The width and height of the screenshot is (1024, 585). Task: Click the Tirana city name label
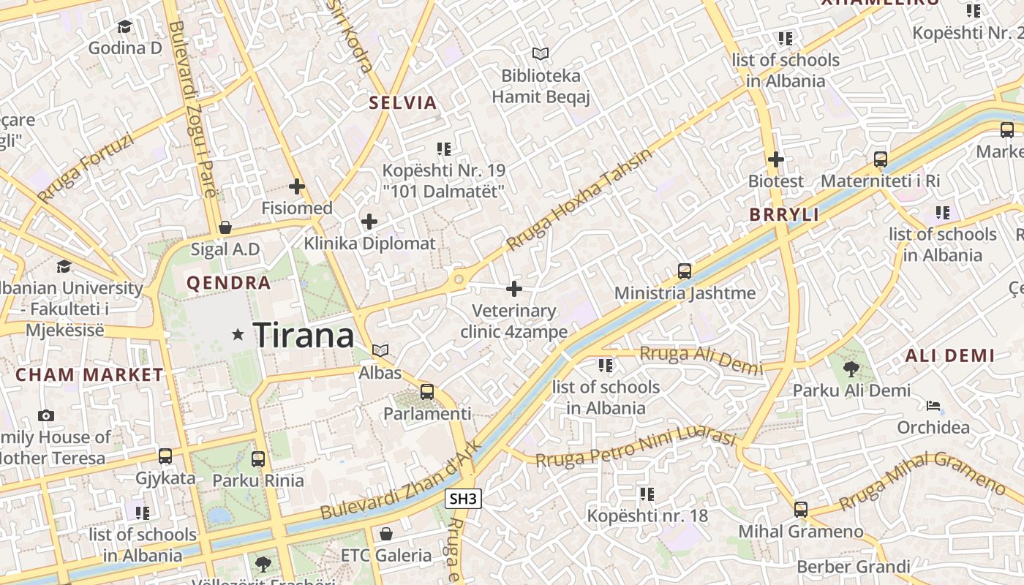coord(304,336)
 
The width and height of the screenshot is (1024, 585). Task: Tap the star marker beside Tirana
coord(238,335)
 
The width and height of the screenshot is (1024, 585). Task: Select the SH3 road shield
coord(463,499)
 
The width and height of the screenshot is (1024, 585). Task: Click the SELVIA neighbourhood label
coord(403,102)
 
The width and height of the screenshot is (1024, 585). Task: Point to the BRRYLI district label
coord(784,215)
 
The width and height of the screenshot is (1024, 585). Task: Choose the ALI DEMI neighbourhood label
coord(949,356)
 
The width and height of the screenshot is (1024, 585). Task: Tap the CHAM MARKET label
coord(90,375)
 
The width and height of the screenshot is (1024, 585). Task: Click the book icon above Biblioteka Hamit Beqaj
coord(541,54)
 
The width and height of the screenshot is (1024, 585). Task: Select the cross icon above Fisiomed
coord(297,186)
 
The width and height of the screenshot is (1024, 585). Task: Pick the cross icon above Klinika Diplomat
coord(369,222)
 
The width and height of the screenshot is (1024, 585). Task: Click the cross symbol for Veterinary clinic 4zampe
coord(514,289)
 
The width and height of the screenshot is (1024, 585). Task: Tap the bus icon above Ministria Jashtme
coord(685,271)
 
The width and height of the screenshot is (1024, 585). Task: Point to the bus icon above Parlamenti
coord(427,392)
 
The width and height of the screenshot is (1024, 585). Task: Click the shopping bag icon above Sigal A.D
coord(225,227)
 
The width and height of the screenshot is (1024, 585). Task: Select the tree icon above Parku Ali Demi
coord(851,369)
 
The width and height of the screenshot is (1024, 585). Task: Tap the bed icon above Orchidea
coord(933,406)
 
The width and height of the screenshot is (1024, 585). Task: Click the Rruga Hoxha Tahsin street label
coord(579,199)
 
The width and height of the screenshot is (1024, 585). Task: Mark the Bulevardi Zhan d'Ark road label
coord(402,480)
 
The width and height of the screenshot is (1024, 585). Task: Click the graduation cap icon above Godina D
coord(124,27)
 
